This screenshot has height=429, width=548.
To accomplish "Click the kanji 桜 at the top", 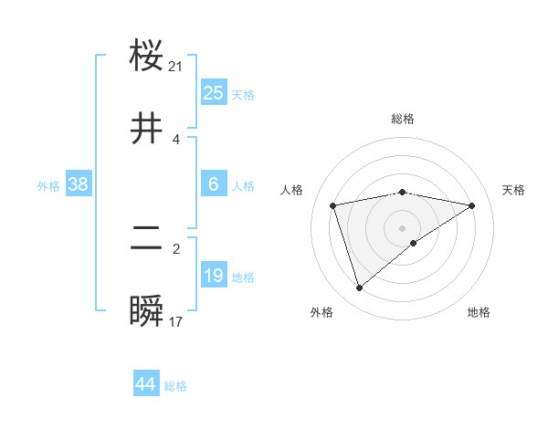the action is pyautogui.click(x=147, y=56).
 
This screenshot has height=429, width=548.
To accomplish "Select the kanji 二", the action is pyautogui.click(x=147, y=238).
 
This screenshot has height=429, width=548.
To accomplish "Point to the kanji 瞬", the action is pyautogui.click(x=147, y=311).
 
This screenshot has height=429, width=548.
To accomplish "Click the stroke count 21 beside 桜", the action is pyautogui.click(x=176, y=66).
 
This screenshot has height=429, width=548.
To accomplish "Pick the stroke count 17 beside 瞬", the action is pyautogui.click(x=176, y=321).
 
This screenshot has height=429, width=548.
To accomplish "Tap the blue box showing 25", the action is pyautogui.click(x=213, y=93).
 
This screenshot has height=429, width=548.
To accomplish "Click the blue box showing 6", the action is pyautogui.click(x=213, y=184).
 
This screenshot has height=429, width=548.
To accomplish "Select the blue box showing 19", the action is pyautogui.click(x=213, y=276).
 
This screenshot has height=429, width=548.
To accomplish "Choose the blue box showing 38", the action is pyautogui.click(x=78, y=184).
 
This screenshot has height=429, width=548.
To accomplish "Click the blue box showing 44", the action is pyautogui.click(x=145, y=384).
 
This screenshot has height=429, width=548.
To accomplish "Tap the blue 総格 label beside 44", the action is pyautogui.click(x=175, y=386).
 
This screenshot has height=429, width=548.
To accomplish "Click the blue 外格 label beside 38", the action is pyautogui.click(x=48, y=186).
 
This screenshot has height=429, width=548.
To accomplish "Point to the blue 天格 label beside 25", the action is pyautogui.click(x=243, y=95).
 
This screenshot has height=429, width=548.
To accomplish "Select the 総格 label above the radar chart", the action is pyautogui.click(x=402, y=119).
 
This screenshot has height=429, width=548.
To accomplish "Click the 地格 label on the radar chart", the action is pyautogui.click(x=479, y=312).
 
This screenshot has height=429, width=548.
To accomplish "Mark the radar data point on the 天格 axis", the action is pyautogui.click(x=472, y=205).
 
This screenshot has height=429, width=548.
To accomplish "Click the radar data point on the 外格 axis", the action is pyautogui.click(x=359, y=288).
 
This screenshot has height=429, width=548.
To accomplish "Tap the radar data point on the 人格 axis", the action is pyautogui.click(x=333, y=205).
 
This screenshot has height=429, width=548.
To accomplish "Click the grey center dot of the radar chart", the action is pyautogui.click(x=402, y=227).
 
